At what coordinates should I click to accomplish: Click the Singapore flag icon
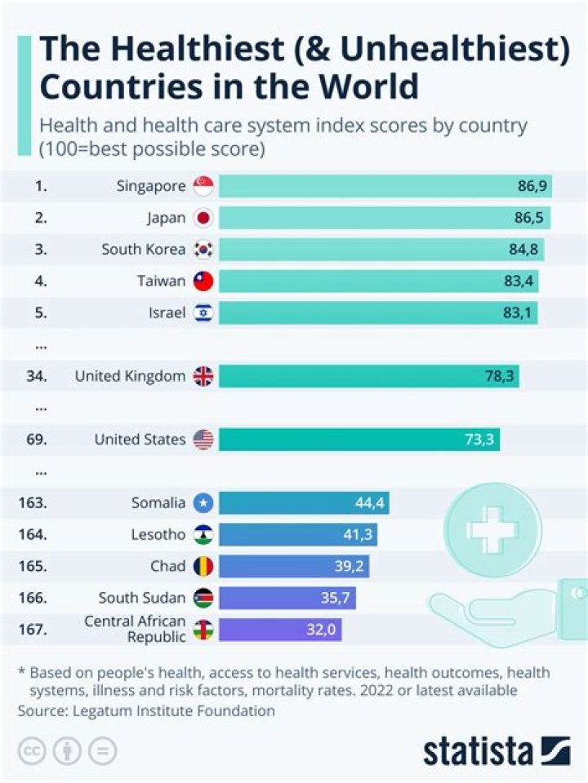203,186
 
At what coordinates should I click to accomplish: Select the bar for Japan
384,218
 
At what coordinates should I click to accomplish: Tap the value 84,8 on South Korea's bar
523,250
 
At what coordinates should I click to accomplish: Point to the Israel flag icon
203,313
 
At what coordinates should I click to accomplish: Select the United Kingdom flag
203,376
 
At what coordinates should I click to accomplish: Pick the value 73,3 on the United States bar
479,440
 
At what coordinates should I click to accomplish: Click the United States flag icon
203,440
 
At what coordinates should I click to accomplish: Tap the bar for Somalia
303,503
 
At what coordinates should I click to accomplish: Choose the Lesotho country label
158,535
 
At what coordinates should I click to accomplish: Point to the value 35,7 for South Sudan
335,599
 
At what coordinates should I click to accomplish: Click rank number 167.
32,630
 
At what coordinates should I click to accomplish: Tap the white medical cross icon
492,530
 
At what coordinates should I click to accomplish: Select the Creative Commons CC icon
31,751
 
